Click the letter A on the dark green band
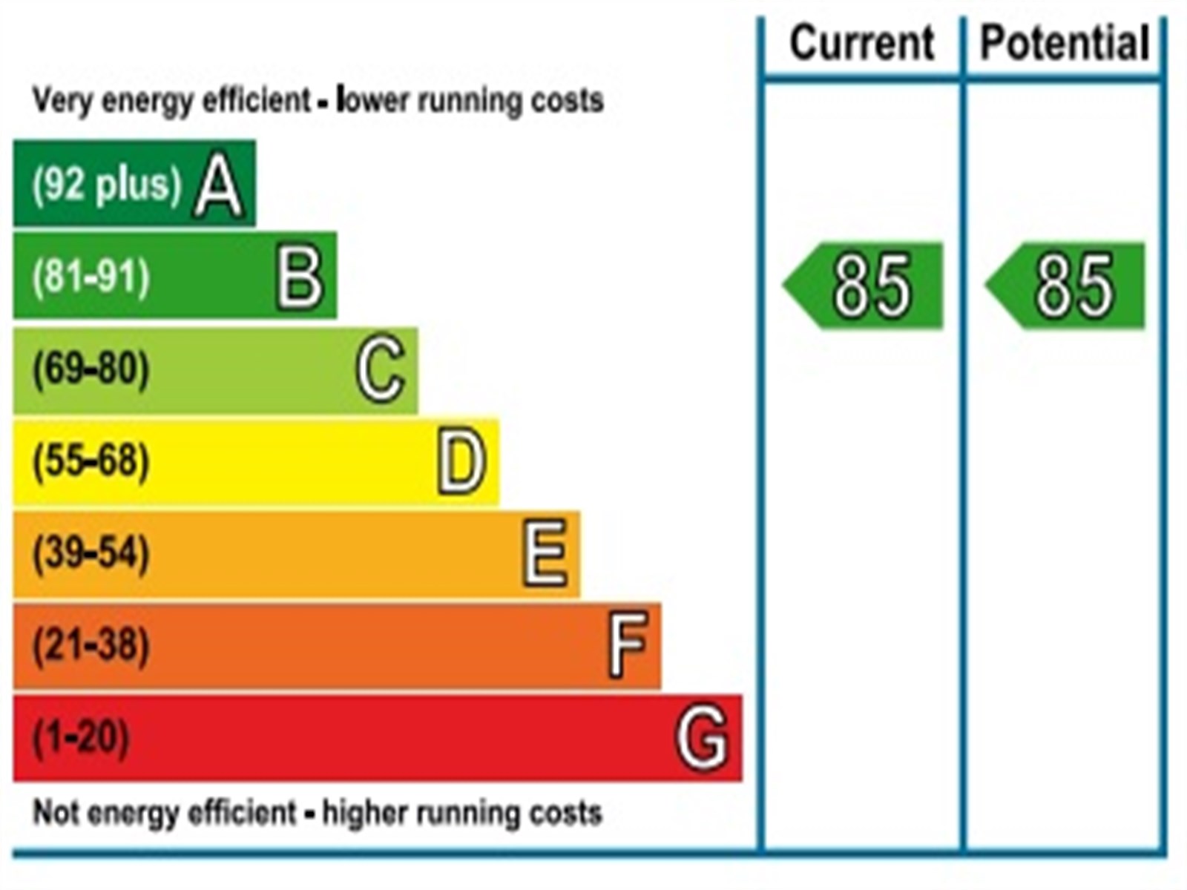coord(218,187)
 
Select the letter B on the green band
coord(300,277)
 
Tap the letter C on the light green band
coord(381,369)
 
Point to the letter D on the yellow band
coord(461,462)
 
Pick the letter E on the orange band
coord(545,554)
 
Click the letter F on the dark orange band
coord(628,645)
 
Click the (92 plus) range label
coord(106,185)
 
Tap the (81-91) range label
coord(91,277)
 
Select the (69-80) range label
coord(91,369)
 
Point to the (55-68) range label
coord(91,461)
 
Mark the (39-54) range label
coord(91,553)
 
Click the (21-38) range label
coord(91,645)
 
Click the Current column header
coord(861,43)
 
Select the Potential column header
coord(1065,43)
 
